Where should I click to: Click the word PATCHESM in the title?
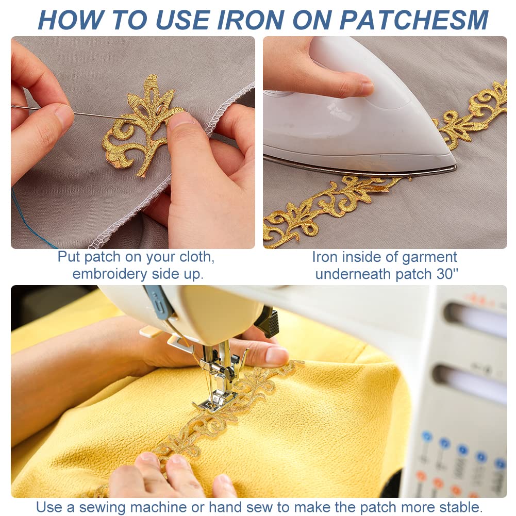point(413,20)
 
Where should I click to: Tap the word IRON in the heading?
point(251,20)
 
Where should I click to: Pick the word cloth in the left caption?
point(195,257)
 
